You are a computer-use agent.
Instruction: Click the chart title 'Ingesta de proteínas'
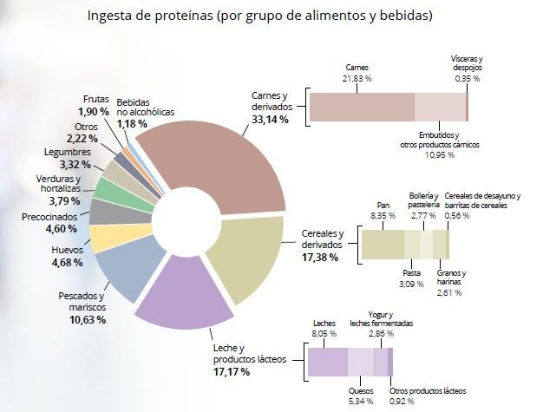(150, 16)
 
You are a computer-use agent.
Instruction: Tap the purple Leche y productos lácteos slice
(184, 298)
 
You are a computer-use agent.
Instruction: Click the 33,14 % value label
(270, 120)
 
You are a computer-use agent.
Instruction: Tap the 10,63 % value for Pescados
(88, 319)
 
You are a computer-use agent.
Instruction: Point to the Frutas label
(96, 99)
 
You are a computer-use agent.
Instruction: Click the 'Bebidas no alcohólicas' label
(145, 108)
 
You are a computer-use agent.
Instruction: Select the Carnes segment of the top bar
(362, 107)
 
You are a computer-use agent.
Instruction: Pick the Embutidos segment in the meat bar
(440, 107)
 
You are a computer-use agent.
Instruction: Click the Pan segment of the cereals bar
(383, 245)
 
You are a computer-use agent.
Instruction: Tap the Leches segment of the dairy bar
(328, 362)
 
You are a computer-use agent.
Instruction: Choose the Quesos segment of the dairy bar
(361, 362)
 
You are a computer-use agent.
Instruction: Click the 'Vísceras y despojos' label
(468, 63)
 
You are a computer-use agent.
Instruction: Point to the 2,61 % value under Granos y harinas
(449, 293)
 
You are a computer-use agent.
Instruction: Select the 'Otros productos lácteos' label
(428, 391)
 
